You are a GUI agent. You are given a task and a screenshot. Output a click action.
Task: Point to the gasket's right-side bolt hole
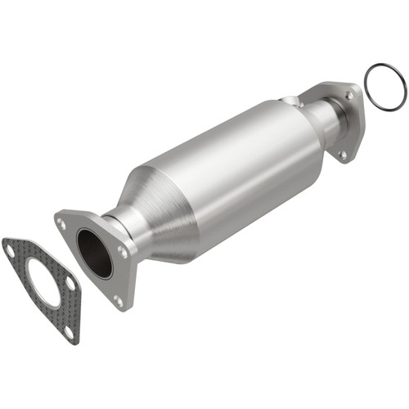71,284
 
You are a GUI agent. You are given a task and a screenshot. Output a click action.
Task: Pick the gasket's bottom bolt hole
67,331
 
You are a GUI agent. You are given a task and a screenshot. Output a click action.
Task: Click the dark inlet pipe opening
95,252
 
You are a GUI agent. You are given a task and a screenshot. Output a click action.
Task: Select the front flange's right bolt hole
123,253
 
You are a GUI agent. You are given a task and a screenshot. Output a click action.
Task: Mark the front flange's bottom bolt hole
116,300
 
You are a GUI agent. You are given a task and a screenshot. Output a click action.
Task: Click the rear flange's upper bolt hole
349,95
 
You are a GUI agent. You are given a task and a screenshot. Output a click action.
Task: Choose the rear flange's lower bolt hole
343,151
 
